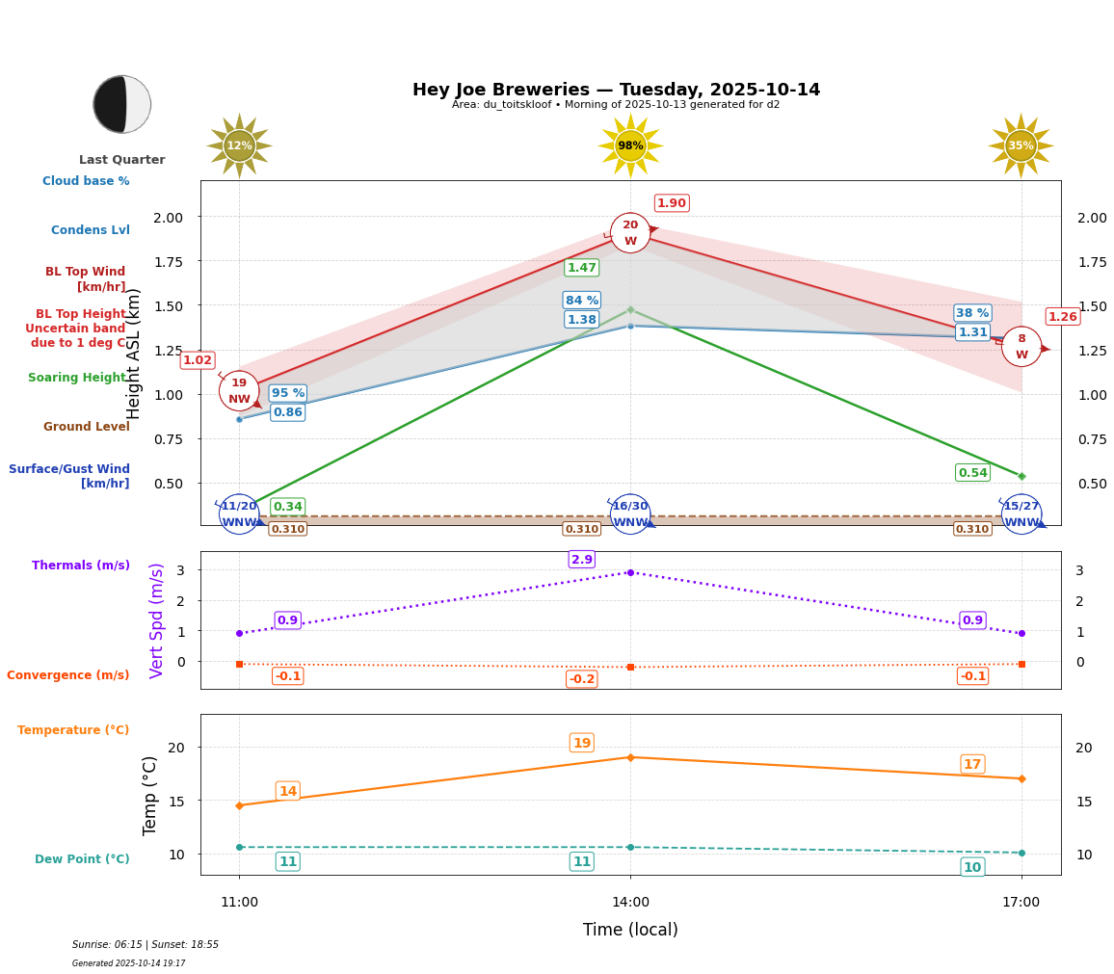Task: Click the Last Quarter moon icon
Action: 122,104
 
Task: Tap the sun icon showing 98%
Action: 630,145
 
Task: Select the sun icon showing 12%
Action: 239,145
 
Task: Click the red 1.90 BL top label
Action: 672,203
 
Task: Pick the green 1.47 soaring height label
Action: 582,268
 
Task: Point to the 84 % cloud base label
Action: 582,301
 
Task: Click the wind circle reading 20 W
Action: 630,233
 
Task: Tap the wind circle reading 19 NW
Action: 239,390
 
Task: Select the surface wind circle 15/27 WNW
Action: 1021,513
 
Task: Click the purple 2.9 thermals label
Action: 582,560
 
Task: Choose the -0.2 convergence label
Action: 582,679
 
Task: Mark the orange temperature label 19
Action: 582,743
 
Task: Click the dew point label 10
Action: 972,867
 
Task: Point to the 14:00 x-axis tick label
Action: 630,903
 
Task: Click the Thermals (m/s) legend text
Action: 81,566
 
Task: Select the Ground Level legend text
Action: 87,427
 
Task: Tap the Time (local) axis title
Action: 630,930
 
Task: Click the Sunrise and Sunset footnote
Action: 146,945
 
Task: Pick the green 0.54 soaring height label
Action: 972,473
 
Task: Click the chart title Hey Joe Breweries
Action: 616,90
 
